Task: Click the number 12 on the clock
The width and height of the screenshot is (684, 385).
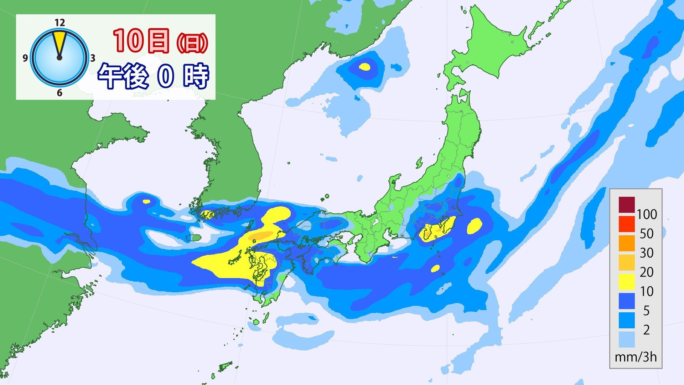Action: pos(60,23)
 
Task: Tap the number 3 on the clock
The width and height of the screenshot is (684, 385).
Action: pos(92,58)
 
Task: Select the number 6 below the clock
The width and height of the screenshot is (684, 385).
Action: pos(59,93)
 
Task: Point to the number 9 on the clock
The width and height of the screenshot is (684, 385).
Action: pos(25,58)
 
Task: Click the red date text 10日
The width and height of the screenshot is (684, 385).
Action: pos(141,41)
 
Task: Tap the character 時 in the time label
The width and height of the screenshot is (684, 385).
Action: pos(196,76)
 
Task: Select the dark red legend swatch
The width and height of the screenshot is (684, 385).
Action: pos(627,204)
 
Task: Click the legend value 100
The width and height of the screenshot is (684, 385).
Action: pos(647,214)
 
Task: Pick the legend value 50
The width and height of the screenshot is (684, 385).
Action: pos(647,233)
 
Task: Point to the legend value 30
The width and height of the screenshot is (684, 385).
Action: pos(647,253)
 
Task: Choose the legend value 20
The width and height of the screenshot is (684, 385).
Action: pos(647,272)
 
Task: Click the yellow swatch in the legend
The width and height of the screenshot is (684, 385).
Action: pos(627,281)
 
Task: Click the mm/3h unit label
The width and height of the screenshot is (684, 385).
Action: pos(636,357)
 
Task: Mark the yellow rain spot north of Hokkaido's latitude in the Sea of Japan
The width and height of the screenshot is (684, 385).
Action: pos(364,67)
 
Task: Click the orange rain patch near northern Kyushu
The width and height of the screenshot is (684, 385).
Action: pos(262,236)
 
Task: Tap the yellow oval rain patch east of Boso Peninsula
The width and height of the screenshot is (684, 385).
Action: pos(474,226)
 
